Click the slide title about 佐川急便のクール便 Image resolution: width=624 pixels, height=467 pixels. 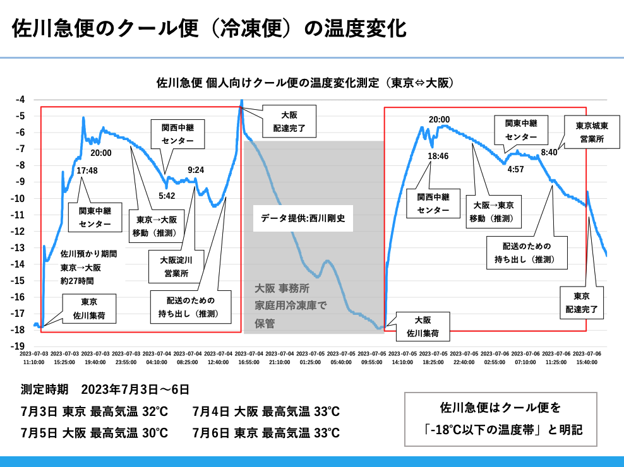tap(208, 28)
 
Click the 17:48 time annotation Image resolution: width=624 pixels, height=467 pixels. tap(87, 170)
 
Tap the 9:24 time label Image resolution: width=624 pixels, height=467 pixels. tap(196, 170)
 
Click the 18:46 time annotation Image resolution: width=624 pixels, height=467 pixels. tap(438, 156)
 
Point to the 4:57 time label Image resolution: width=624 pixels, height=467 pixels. tap(516, 169)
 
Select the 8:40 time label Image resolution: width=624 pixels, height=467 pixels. tap(549, 152)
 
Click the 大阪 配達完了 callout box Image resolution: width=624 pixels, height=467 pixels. tap(289, 121)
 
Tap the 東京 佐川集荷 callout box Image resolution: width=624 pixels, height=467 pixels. tap(89, 308)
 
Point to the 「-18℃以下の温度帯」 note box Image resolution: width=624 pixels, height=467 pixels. tap(500, 420)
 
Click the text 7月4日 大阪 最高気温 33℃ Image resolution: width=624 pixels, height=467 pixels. tap(267, 411)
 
